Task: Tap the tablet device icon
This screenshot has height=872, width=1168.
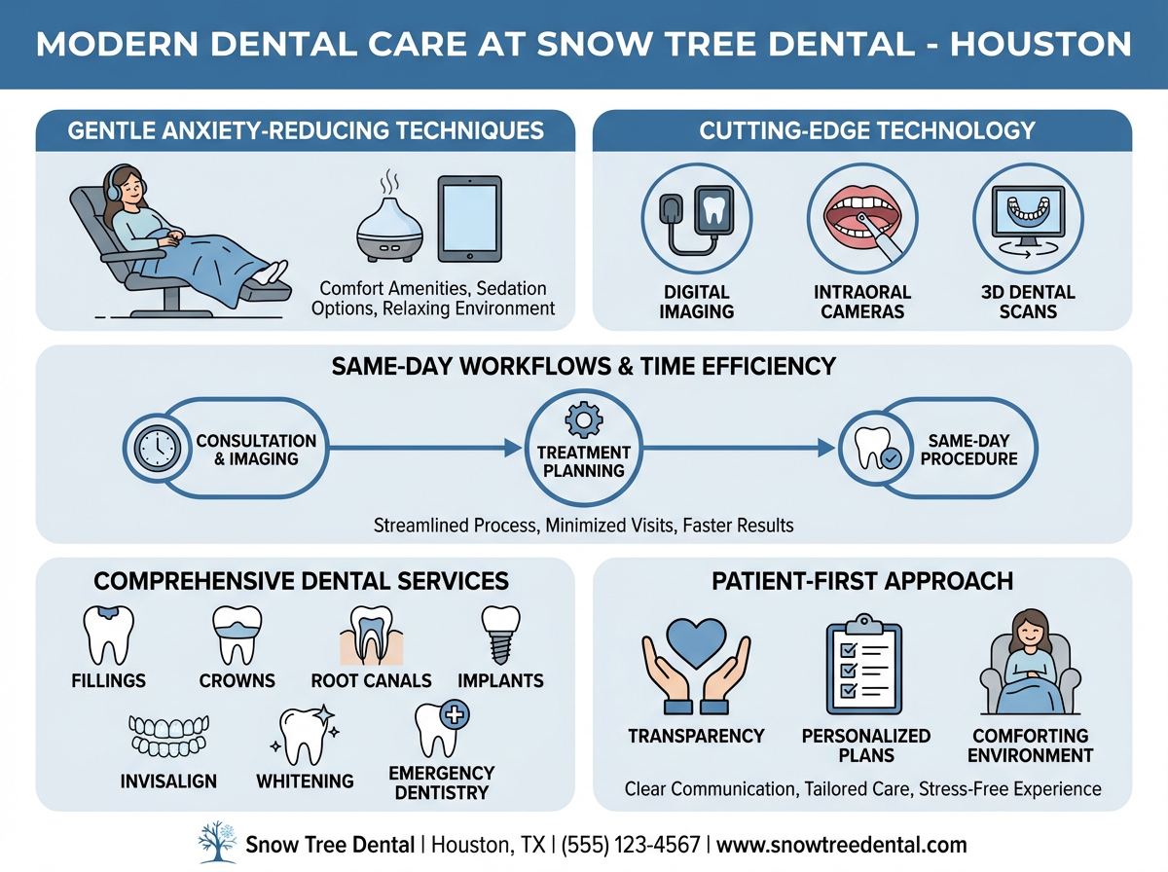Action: (x=469, y=218)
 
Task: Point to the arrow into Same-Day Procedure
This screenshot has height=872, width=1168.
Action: (x=825, y=448)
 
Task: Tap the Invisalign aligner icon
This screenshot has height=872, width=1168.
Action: (x=169, y=737)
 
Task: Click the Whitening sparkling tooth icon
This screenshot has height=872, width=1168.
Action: (x=304, y=736)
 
